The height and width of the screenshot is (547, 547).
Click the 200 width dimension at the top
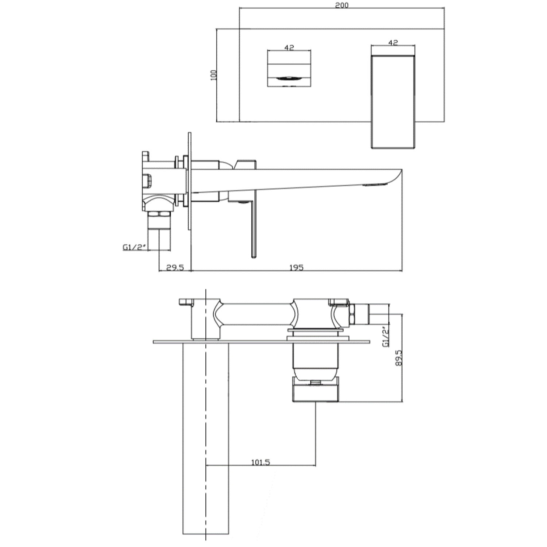342,5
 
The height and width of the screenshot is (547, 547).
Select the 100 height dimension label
214,75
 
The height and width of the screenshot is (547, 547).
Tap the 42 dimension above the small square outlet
289,47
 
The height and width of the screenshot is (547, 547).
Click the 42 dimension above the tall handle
393,43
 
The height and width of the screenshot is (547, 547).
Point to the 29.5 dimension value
175,267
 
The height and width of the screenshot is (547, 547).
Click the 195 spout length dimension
296,267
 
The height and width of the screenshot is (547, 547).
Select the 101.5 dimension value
261,462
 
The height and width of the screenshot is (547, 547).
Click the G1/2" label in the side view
134,247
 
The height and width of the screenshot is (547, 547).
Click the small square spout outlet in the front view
289,69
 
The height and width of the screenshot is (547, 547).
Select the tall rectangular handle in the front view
393,102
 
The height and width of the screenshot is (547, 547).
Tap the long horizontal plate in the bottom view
261,342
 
